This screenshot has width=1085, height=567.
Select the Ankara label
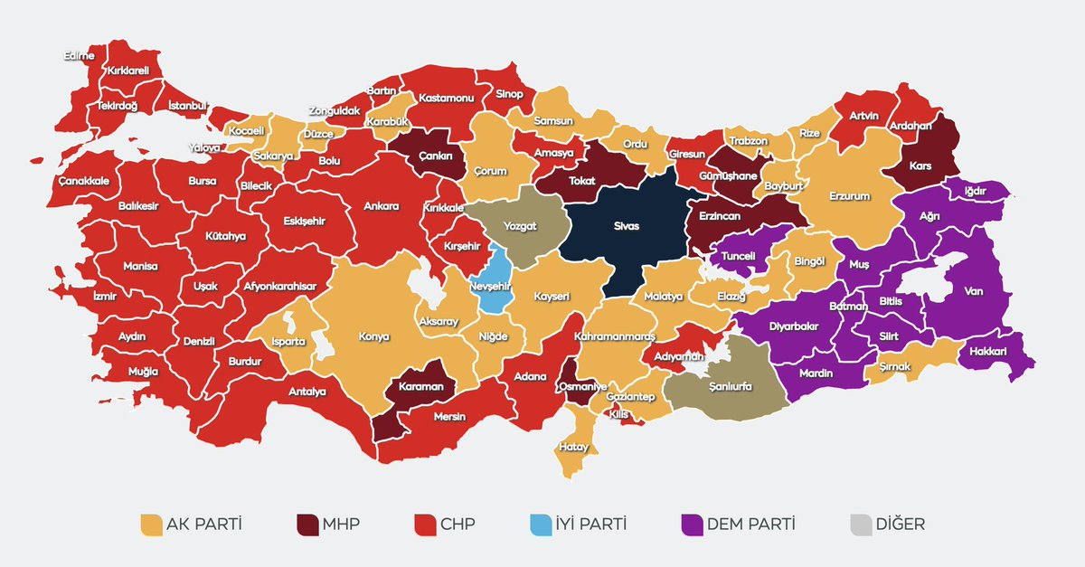click(381, 206)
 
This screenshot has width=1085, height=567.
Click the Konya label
click(373, 336)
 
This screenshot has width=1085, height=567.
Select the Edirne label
click(80, 56)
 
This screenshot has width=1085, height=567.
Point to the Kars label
click(921, 167)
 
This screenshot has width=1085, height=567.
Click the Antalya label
click(307, 391)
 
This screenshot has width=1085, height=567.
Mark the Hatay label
click(574, 447)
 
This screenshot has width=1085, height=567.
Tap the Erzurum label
click(849, 195)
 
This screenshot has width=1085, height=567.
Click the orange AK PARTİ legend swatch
click(150, 524)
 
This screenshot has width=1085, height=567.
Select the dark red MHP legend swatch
click(307, 524)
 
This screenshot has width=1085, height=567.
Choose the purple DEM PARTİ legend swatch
click(692, 524)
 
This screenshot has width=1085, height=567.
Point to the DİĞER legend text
click(900, 524)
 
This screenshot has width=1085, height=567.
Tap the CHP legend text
click(459, 524)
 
